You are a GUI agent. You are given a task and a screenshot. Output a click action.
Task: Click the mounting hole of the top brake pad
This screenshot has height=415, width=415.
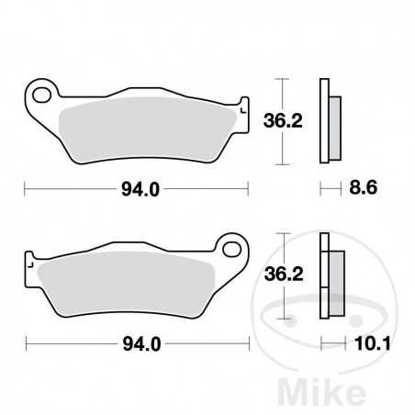[40, 95]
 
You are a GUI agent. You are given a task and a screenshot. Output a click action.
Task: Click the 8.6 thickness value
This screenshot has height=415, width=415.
[365, 190]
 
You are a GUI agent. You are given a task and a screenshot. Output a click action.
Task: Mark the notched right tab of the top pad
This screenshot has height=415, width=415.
[243, 107]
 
